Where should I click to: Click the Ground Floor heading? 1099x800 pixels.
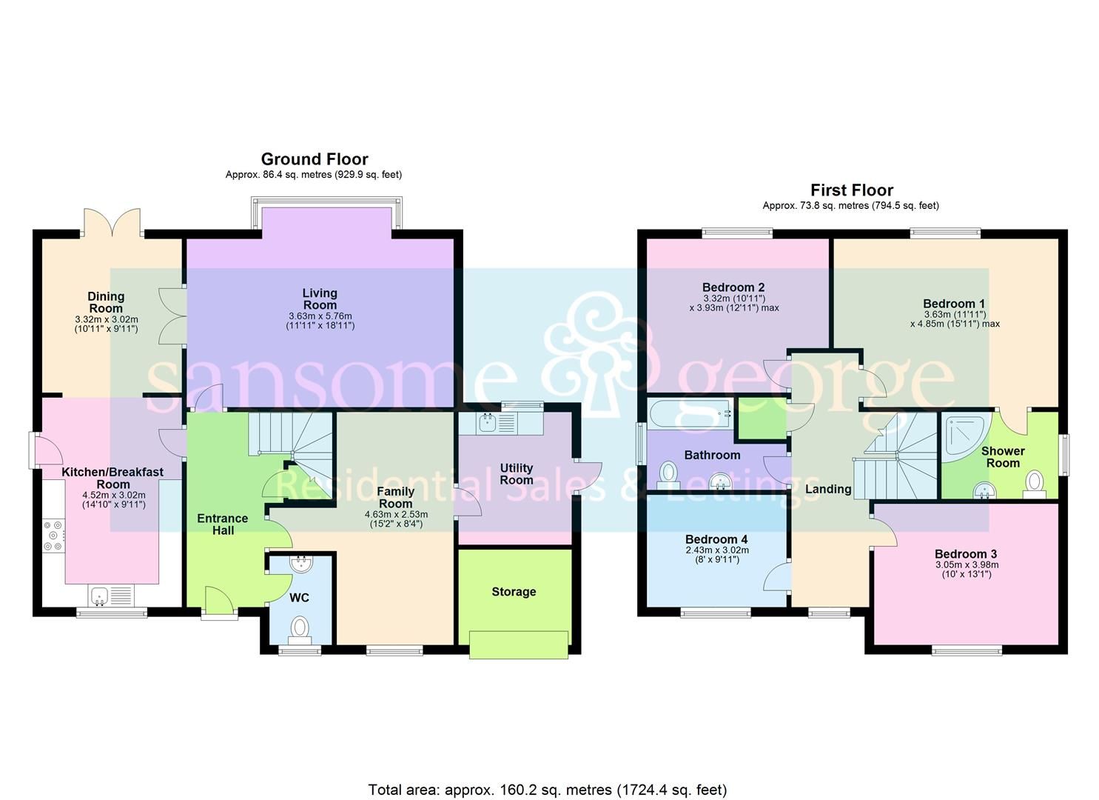tap(314, 159)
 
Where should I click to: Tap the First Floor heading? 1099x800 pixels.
tap(851, 190)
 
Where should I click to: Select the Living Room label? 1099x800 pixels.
tap(320, 299)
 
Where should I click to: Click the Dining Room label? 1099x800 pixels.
tap(106, 302)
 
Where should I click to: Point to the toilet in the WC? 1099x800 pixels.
tap(300, 628)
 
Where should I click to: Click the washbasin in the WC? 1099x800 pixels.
tap(301, 564)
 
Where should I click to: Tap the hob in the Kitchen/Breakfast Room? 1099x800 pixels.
tap(54, 536)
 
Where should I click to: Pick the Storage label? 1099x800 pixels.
tap(514, 592)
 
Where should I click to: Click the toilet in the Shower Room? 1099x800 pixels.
tap(1035, 483)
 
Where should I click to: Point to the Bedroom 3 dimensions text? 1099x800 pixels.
tap(966, 570)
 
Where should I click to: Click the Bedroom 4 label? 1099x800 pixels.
tap(711, 539)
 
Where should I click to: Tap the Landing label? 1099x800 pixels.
tap(828, 489)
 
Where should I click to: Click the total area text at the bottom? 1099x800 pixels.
tap(548, 790)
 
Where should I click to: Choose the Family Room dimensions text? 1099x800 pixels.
tap(396, 519)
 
